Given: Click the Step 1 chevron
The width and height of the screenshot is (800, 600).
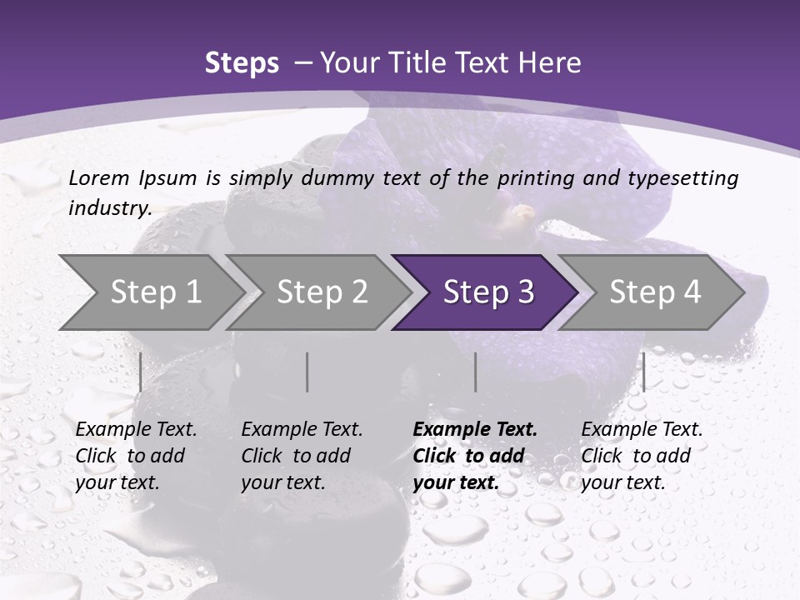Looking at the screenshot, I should coord(154,292).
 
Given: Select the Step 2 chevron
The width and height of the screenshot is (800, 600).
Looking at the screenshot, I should coord(321,292).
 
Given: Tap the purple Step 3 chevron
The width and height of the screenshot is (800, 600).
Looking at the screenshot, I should coord(487,292).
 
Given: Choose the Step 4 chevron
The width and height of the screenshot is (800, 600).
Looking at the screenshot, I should coord(654,292).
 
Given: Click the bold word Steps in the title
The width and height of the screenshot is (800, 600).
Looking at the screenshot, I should coord(242,63).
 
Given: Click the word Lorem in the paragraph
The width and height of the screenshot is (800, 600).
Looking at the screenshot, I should coord(98,177).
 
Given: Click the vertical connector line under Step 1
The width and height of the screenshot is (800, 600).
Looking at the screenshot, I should coord(141,372).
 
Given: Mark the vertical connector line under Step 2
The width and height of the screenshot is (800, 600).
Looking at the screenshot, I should coord(307,372).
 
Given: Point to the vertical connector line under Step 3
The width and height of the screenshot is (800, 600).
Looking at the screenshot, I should coord(476,372).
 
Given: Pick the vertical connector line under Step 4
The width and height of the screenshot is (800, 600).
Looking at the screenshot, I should coord(644,372).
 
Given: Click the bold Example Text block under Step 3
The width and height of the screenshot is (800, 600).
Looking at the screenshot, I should coord(475,456).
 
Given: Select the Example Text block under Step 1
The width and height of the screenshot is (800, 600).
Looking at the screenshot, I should coord(136,456).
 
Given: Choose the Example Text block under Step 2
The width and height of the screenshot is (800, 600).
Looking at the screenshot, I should coord(302,456).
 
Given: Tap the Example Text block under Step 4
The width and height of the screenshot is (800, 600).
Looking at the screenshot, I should coord(642,456).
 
